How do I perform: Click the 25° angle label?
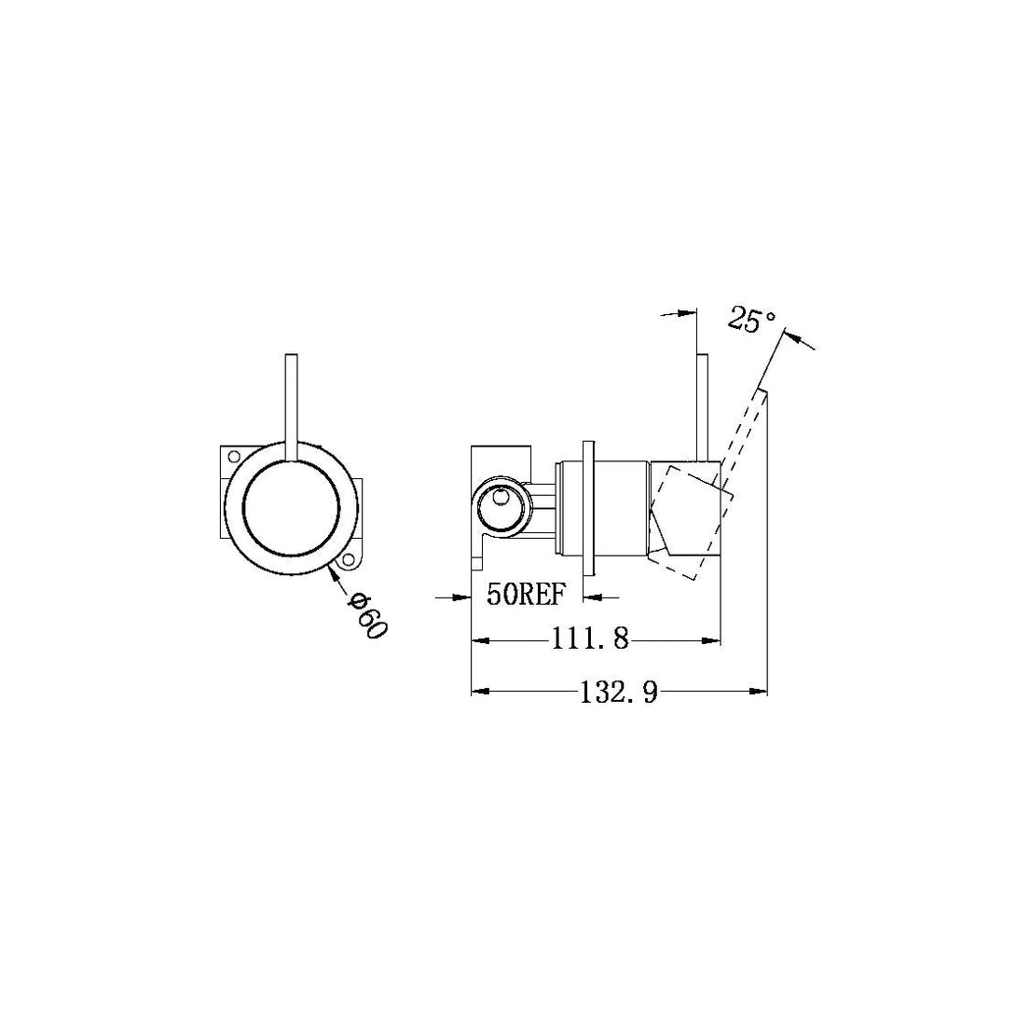[x=752, y=320]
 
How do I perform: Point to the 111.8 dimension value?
[x=591, y=640]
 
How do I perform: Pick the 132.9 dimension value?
[x=619, y=692]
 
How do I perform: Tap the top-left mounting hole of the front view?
[x=234, y=457]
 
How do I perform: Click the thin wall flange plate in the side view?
[x=587, y=509]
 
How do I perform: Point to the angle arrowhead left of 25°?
[x=689, y=313]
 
